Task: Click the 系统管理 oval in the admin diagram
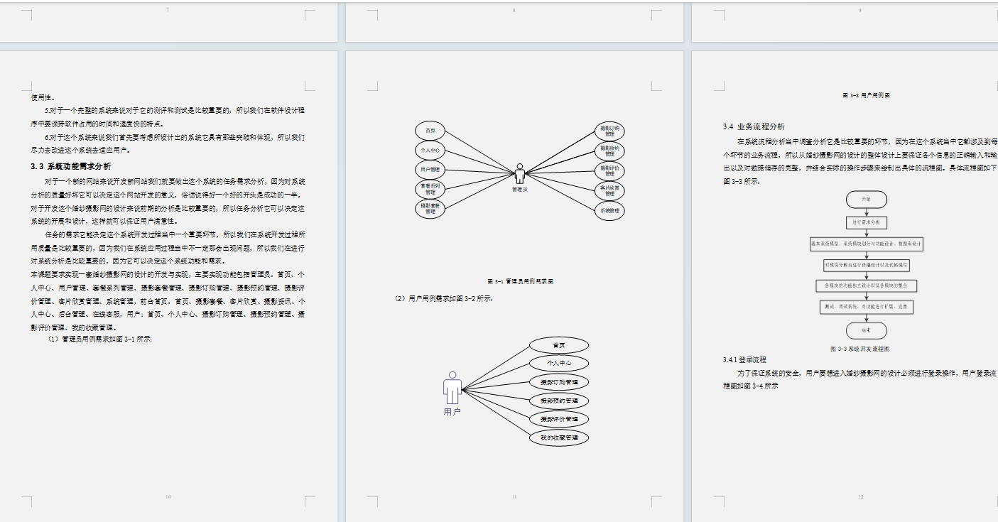pyautogui.click(x=609, y=210)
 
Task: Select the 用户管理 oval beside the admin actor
pyautogui.click(x=430, y=170)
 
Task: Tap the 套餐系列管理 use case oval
pyautogui.click(x=430, y=189)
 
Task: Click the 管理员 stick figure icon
pyautogui.click(x=520, y=174)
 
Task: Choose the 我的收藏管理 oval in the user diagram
pyautogui.click(x=559, y=437)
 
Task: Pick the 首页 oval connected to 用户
pyautogui.click(x=559, y=345)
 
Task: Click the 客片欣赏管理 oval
pyautogui.click(x=609, y=190)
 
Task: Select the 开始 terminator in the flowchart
pyautogui.click(x=866, y=200)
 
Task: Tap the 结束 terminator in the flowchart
pyautogui.click(x=866, y=330)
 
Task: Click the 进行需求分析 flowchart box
pyautogui.click(x=866, y=222)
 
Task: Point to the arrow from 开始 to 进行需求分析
pyautogui.click(x=866, y=212)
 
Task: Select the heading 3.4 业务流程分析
pyautogui.click(x=754, y=126)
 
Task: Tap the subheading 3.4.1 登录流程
pyautogui.click(x=744, y=360)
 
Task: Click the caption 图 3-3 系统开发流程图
pyautogui.click(x=859, y=349)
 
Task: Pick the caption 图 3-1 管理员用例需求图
pyautogui.click(x=520, y=281)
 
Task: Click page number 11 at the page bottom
pyautogui.click(x=514, y=497)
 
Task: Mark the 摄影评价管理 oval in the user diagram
pyautogui.click(x=559, y=419)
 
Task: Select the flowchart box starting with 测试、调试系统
pyautogui.click(x=866, y=308)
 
